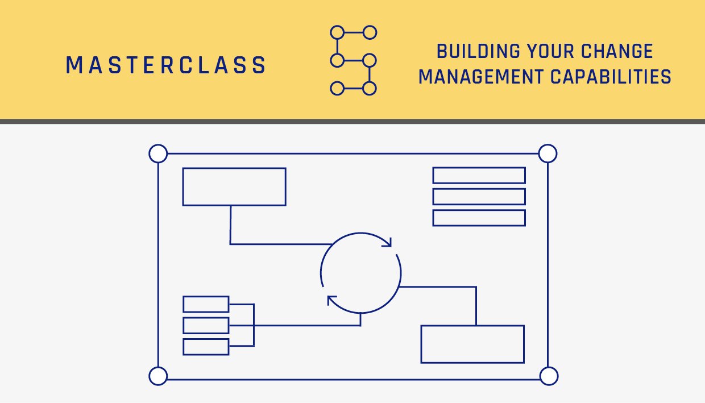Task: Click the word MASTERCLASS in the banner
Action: pyautogui.click(x=166, y=66)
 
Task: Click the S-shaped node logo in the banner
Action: pyautogui.click(x=353, y=60)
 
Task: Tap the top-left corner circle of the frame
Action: pyautogui.click(x=158, y=153)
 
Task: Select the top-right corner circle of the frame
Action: pyautogui.click(x=547, y=153)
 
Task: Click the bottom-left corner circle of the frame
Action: pyautogui.click(x=158, y=376)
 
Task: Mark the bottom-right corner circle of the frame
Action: pyautogui.click(x=548, y=376)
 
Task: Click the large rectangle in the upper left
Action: pyautogui.click(x=234, y=186)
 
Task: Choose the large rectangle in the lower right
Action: pyautogui.click(x=472, y=344)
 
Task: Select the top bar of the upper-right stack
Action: pyautogui.click(x=479, y=176)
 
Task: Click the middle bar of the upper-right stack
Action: pyautogui.click(x=479, y=197)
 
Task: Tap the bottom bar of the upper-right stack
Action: pyautogui.click(x=479, y=218)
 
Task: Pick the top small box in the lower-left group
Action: pyautogui.click(x=206, y=304)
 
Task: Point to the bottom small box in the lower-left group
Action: pyautogui.click(x=206, y=347)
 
